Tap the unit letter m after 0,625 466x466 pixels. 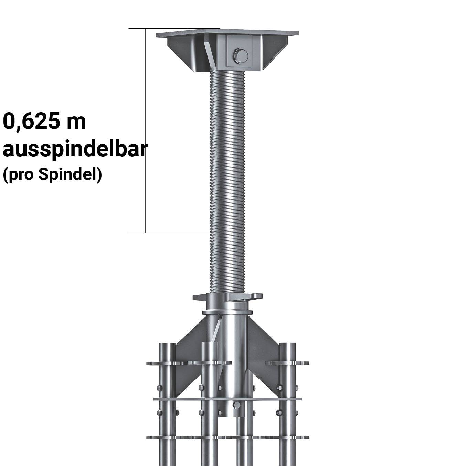[x=76, y=122]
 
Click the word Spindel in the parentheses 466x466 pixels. [x=67, y=174]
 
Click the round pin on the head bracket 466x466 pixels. [x=240, y=56]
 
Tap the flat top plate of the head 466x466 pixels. [x=227, y=34]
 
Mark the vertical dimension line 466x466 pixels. [x=146, y=131]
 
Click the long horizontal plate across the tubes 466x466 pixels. [x=227, y=399]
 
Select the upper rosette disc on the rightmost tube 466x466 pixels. [x=287, y=363]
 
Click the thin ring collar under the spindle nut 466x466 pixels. [x=227, y=313]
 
